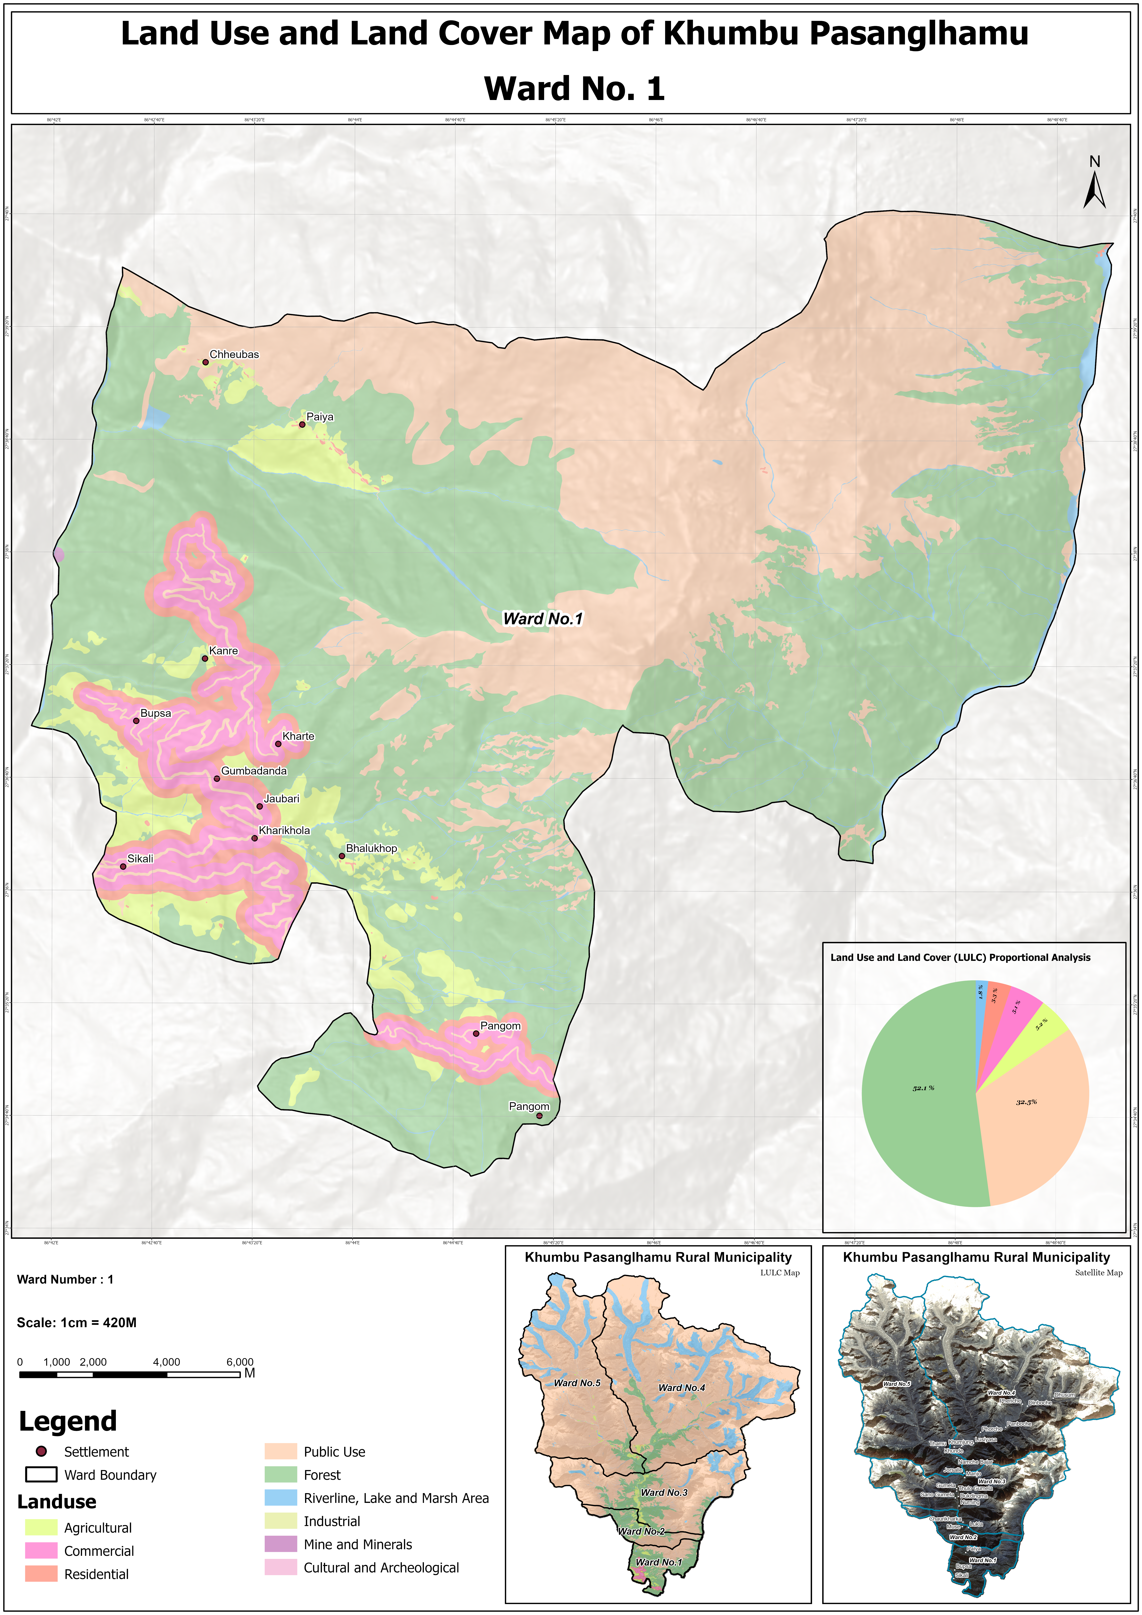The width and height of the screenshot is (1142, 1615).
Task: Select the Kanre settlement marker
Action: tap(205, 658)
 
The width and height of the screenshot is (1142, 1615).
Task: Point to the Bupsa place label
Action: tap(155, 713)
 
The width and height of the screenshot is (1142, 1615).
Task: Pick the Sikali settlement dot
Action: tap(123, 866)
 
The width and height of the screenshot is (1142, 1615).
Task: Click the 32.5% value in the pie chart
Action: tap(1026, 1101)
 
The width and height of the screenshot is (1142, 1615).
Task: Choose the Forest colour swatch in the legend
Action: tap(281, 1474)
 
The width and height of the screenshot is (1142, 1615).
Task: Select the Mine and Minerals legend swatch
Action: tap(281, 1544)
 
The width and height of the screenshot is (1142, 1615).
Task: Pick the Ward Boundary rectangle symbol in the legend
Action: tap(41, 1474)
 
